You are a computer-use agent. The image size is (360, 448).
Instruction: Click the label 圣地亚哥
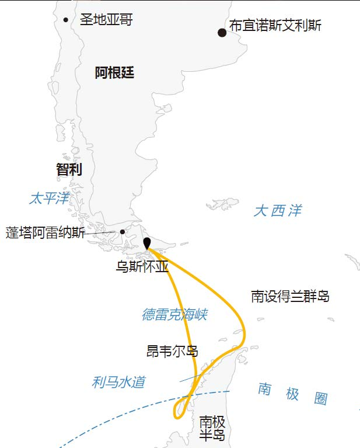coord(106,20)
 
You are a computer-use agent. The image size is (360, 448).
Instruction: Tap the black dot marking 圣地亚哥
coord(66,20)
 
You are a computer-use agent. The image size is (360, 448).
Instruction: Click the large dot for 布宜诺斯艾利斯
coord(222,33)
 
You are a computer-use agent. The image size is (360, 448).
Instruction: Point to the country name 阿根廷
coord(114,73)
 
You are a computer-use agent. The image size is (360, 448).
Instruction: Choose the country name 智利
coord(69,169)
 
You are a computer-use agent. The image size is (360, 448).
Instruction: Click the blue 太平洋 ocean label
coord(49,199)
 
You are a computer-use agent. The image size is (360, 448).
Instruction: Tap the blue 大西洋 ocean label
coord(278,211)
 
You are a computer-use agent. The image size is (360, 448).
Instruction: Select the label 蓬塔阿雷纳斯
coord(45,232)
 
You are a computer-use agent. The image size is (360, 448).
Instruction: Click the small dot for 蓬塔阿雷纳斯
coord(122,232)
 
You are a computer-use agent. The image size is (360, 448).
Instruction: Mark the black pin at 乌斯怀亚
coord(146,244)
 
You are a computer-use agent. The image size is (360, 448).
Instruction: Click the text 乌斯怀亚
coord(142,267)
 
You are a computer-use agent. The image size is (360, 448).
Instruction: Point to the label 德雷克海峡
coord(174,315)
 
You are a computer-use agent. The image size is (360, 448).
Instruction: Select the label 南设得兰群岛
coord(290,296)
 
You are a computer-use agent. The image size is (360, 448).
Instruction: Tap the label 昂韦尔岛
coord(172,351)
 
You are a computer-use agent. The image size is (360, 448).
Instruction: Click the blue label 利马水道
coord(118,383)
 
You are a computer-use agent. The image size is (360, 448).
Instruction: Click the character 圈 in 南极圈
coord(320,399)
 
